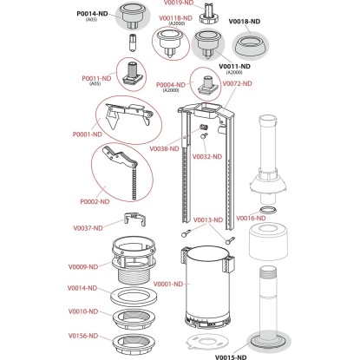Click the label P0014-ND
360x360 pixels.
(92, 14)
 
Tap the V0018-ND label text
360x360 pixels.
(245, 22)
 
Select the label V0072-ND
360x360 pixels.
(237, 83)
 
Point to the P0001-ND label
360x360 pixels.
(88, 134)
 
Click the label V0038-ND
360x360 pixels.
(164, 149)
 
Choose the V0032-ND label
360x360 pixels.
(207, 157)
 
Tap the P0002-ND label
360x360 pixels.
(95, 201)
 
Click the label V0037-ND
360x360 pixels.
(88, 228)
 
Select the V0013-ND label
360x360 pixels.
(208, 220)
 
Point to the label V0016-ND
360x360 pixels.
(251, 218)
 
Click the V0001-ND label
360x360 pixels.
(168, 284)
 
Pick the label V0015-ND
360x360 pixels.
(231, 357)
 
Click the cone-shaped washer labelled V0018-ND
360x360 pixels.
(250, 46)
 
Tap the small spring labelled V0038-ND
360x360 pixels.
(204, 128)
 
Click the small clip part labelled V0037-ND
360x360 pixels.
(134, 219)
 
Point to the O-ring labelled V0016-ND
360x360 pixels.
(267, 209)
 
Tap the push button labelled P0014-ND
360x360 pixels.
(133, 16)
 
